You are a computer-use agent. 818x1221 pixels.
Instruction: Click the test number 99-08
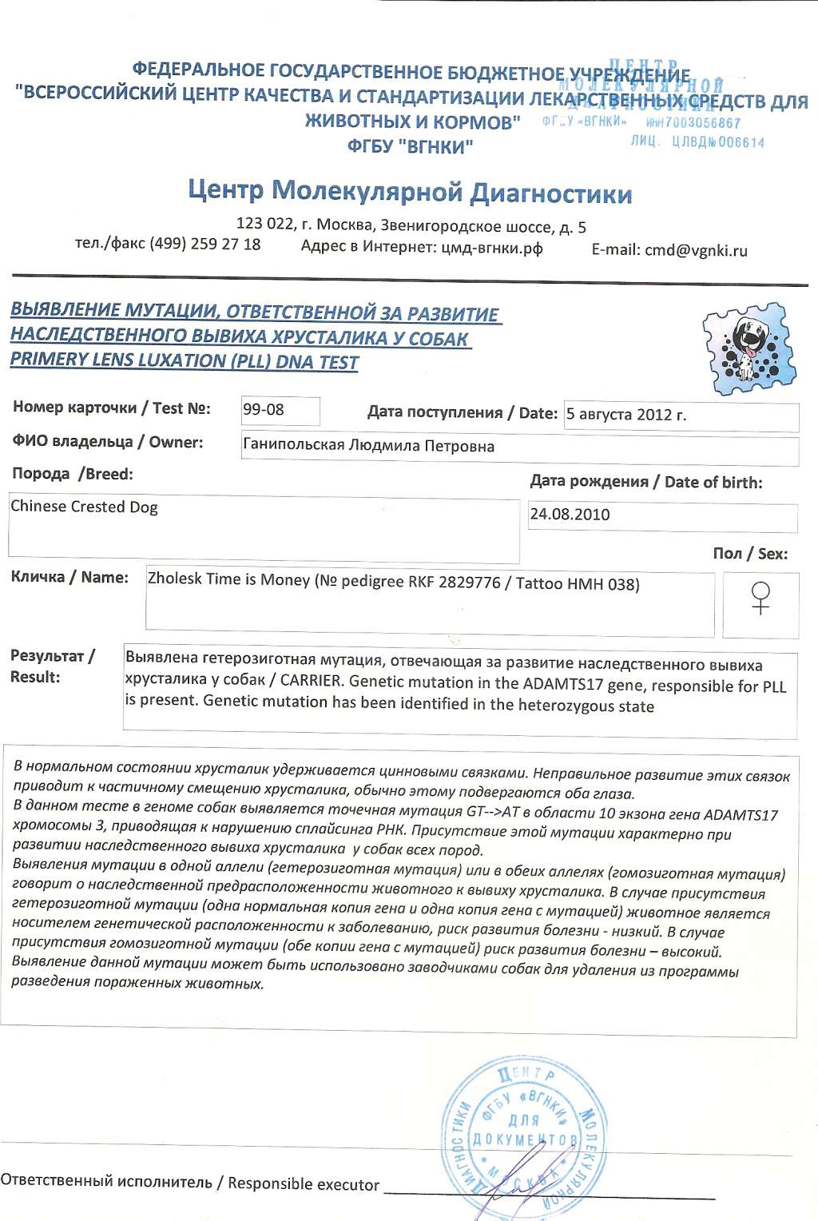click(264, 410)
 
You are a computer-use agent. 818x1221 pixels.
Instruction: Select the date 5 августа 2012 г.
click(626, 415)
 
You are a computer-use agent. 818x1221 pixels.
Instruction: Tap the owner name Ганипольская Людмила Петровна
click(368, 446)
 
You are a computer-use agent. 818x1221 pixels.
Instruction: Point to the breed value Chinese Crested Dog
click(84, 507)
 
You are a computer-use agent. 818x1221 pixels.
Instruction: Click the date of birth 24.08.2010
click(570, 515)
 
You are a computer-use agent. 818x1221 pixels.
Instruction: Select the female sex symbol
click(761, 599)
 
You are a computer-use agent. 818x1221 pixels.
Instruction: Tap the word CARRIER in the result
click(311, 682)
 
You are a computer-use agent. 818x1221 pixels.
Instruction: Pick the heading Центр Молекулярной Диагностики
click(410, 193)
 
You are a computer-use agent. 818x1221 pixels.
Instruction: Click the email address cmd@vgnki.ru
click(696, 250)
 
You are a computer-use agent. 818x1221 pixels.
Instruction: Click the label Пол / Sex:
click(749, 554)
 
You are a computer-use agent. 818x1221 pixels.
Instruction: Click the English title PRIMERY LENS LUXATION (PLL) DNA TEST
click(184, 360)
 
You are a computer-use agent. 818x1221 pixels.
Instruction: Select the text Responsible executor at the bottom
click(303, 1183)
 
